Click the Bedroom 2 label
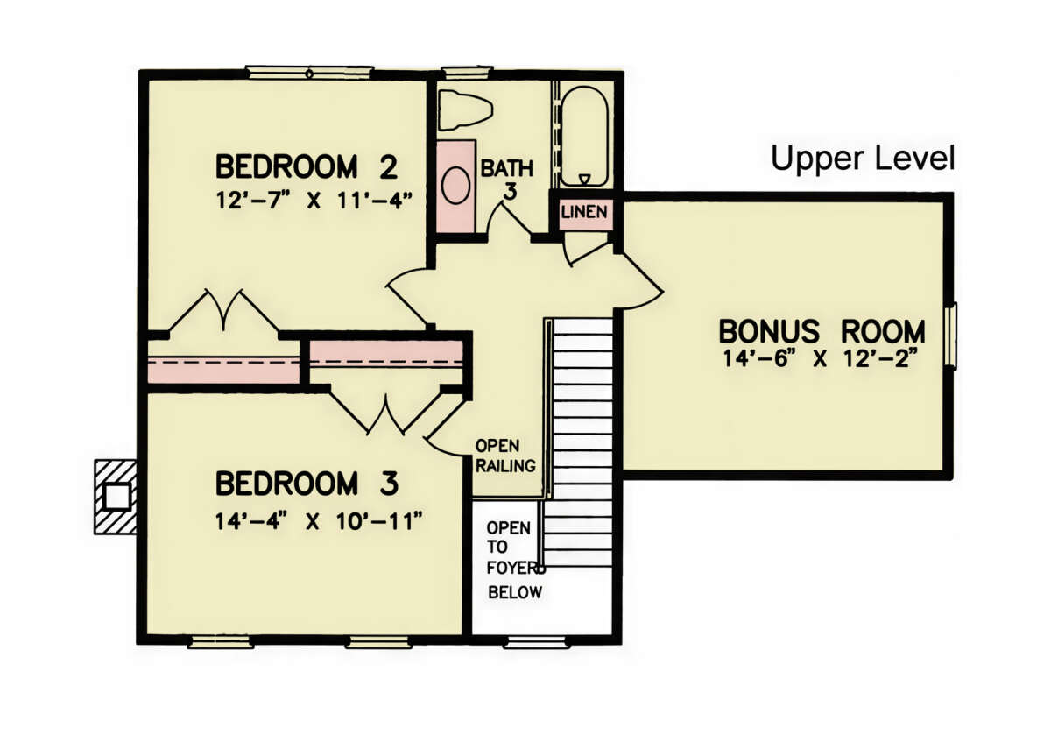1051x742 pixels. pyautogui.click(x=307, y=166)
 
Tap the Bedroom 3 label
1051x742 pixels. pyautogui.click(x=307, y=484)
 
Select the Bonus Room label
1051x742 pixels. pyautogui.click(x=822, y=331)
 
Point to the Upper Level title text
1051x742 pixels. pyautogui.click(x=863, y=159)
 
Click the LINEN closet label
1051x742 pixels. pyautogui.click(x=584, y=212)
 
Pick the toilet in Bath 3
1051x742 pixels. pyautogui.click(x=465, y=110)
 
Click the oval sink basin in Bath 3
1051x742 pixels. pyautogui.click(x=455, y=186)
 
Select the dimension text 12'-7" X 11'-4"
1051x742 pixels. pyautogui.click(x=314, y=201)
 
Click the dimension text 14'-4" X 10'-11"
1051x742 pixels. pyautogui.click(x=319, y=521)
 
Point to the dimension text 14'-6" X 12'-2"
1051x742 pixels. pyautogui.click(x=820, y=359)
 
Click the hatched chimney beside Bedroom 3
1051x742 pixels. pyautogui.click(x=116, y=497)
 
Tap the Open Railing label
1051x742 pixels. pyautogui.click(x=505, y=456)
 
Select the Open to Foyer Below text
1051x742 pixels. pyautogui.click(x=515, y=561)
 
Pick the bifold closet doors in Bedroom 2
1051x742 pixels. pyautogui.click(x=224, y=311)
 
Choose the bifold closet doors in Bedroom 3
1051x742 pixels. pyautogui.click(x=386, y=412)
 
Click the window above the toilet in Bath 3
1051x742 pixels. pyautogui.click(x=467, y=73)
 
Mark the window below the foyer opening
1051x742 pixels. pyautogui.click(x=534, y=642)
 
